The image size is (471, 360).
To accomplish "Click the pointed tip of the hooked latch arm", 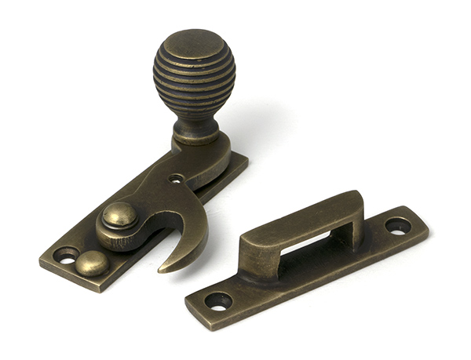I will pos(163,269).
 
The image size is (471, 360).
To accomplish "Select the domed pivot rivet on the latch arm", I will pos(119,215).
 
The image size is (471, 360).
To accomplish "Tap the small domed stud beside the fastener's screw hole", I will pos(93,264).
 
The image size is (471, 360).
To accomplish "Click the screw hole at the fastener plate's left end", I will pos(66,255).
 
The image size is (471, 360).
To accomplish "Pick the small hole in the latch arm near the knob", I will pos(177,178).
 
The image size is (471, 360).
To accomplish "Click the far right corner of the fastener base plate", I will pos(246,160).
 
